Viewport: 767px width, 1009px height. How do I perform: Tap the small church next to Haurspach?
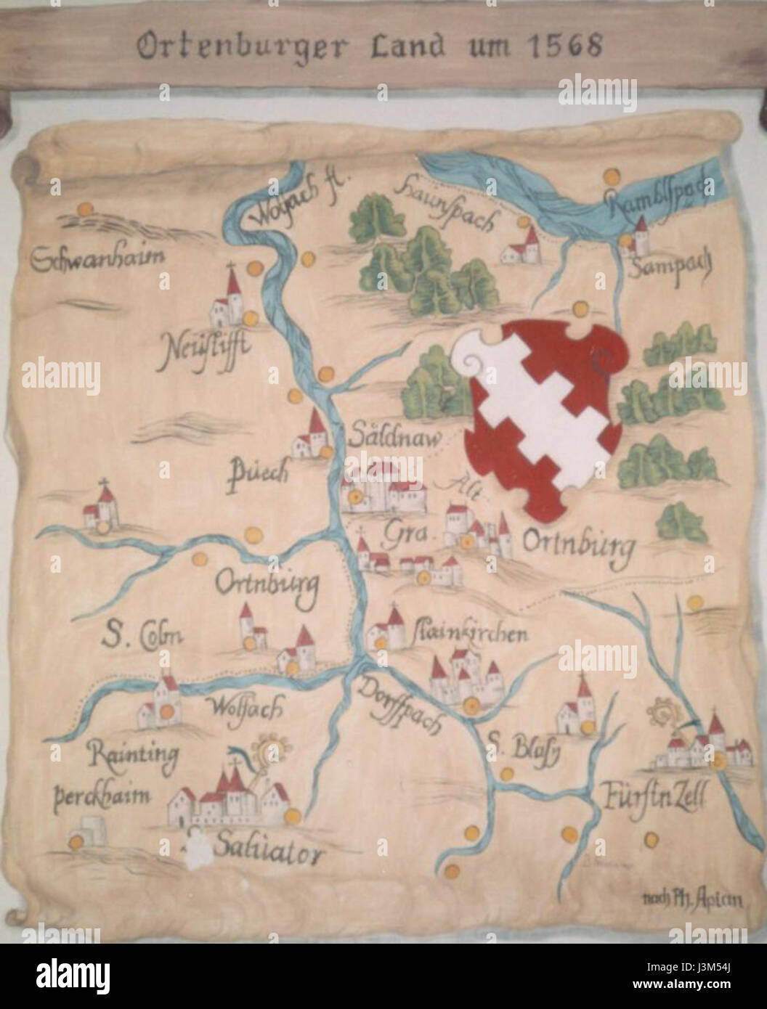click(x=522, y=245)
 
